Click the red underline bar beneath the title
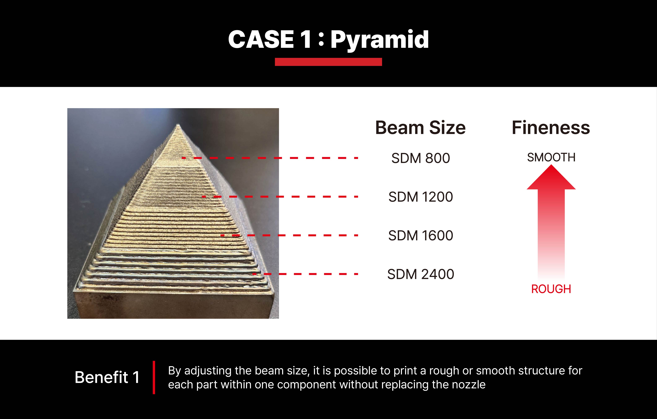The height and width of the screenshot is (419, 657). [x=328, y=62]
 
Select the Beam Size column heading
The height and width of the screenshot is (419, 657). [x=420, y=128]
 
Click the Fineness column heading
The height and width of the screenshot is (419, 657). [x=551, y=128]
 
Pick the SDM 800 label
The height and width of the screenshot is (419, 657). [x=420, y=158]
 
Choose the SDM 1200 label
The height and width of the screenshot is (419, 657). [x=420, y=197]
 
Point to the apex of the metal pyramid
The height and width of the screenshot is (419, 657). [x=178, y=125]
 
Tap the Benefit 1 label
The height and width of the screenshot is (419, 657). [x=107, y=377]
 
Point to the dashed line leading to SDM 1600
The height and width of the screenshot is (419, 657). [x=289, y=235]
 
